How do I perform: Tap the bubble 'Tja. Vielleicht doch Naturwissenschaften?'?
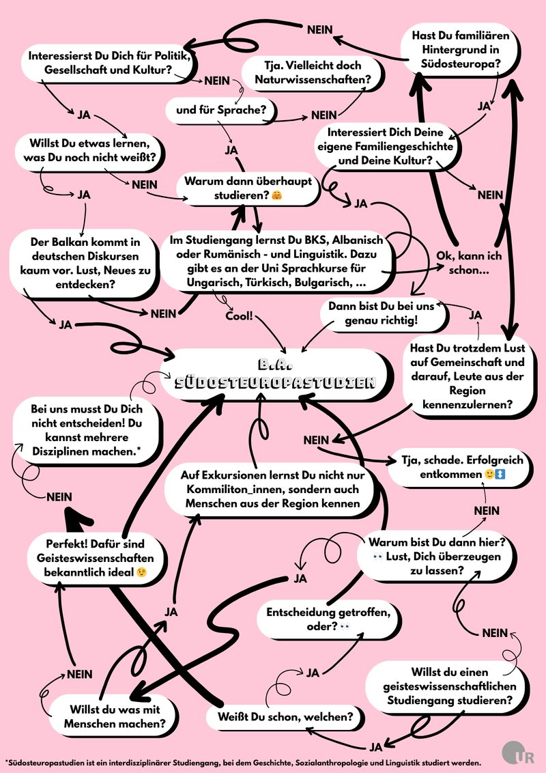point(313,72)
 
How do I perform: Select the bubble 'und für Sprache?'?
point(220,110)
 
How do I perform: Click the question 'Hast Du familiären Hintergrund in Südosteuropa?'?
point(460,50)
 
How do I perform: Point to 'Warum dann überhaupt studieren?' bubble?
point(248,188)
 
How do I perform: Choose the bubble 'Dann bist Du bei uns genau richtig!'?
point(382,313)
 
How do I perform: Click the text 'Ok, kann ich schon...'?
point(469,263)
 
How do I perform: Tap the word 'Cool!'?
point(239,315)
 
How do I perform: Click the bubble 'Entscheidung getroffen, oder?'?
point(329,619)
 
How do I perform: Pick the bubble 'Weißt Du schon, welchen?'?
point(286,716)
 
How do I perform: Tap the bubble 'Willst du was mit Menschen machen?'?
point(115,717)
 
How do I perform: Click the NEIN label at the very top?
point(319,30)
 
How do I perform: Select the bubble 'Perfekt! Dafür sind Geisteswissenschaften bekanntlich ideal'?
point(96,558)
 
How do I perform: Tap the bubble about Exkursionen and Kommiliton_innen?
point(272,490)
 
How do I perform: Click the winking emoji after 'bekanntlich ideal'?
point(142,572)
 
